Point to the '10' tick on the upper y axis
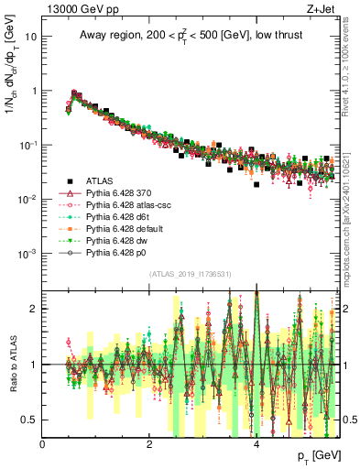coord(31,38)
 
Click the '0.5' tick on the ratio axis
coord(30,420)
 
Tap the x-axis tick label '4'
coord(256,444)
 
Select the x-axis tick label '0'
coord(43,444)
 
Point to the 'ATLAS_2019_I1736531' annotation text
coord(191,275)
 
